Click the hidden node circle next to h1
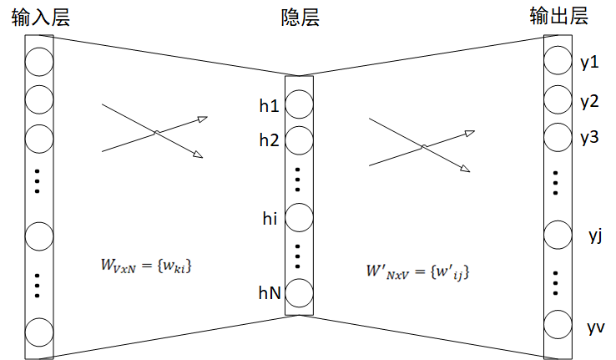pos(300,105)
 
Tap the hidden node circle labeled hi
pos(300,218)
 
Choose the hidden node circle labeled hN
pos(300,292)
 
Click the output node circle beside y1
pos(558,63)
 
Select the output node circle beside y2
pos(558,101)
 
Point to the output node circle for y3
pos(558,136)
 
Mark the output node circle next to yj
pos(558,236)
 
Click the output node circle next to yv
pos(558,325)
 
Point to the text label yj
pos(595,236)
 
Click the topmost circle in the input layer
pos(39,63)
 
